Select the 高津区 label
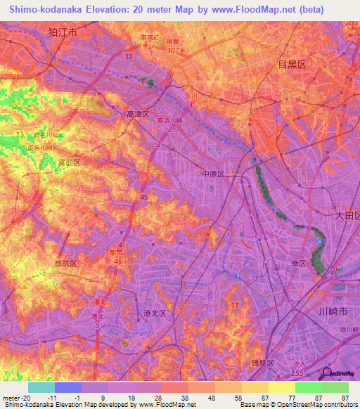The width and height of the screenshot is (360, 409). pyautogui.click(x=138, y=114)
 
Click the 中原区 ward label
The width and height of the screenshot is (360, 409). pyautogui.click(x=212, y=173)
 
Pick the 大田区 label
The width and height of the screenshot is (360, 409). pyautogui.click(x=347, y=216)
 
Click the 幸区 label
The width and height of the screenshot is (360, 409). pyautogui.click(x=298, y=264)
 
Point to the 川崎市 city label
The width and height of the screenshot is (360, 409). pyautogui.click(x=333, y=311)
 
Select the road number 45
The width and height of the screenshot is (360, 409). pyautogui.click(x=144, y=198)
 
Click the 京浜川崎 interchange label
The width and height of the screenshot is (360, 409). pyautogui.click(x=168, y=121)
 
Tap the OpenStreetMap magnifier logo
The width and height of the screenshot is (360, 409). pyautogui.click(x=327, y=373)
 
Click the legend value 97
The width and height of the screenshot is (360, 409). pyautogui.click(x=345, y=397)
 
